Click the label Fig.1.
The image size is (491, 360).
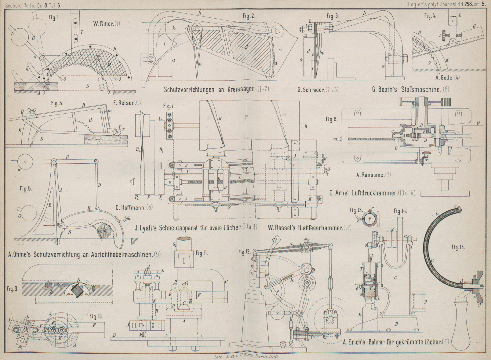point(54,18)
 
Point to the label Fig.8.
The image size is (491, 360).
point(332,119)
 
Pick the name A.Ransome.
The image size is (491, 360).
point(373,175)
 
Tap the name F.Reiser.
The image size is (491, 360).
point(128,103)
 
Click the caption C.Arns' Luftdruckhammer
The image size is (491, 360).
point(372,193)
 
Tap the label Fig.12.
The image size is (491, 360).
point(245,252)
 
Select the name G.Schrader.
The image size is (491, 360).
point(318,90)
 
